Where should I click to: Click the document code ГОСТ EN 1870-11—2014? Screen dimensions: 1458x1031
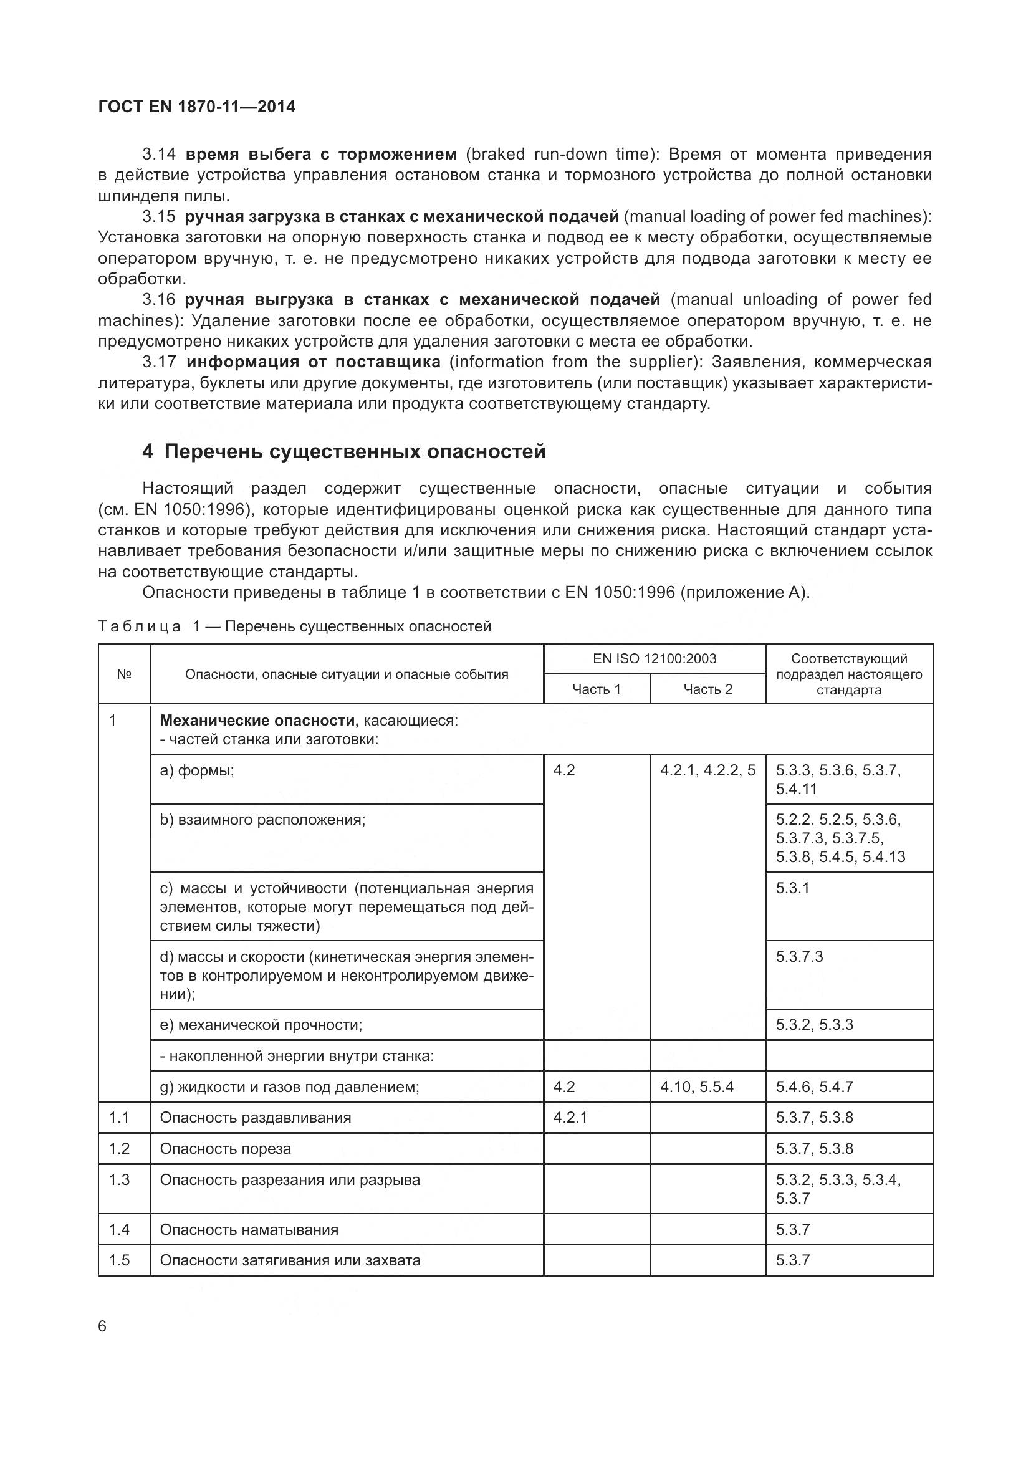[x=197, y=107]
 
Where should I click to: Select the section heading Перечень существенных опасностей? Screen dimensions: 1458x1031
[x=354, y=451]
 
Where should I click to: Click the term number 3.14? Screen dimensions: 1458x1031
[x=159, y=155]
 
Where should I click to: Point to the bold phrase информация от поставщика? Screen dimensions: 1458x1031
[x=314, y=362]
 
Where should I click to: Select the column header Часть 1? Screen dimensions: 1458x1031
[x=596, y=689]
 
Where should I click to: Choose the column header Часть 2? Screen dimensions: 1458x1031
[x=707, y=689]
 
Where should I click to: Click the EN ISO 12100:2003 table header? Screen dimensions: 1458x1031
[x=654, y=658]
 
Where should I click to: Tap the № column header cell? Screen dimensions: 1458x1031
[x=124, y=674]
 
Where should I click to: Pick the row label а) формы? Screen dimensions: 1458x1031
[x=197, y=770]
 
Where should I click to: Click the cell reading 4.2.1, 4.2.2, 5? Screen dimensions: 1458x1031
[x=707, y=770]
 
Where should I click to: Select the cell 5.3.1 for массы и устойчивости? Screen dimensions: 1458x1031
[x=792, y=888]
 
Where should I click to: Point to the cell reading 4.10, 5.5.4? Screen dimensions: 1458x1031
[x=696, y=1086]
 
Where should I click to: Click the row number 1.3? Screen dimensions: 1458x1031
[x=118, y=1180]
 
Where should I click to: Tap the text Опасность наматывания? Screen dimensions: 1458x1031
[x=249, y=1229]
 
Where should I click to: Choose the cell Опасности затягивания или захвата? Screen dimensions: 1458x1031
[x=290, y=1260]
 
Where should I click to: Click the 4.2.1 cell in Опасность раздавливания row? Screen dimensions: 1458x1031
[x=570, y=1117]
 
